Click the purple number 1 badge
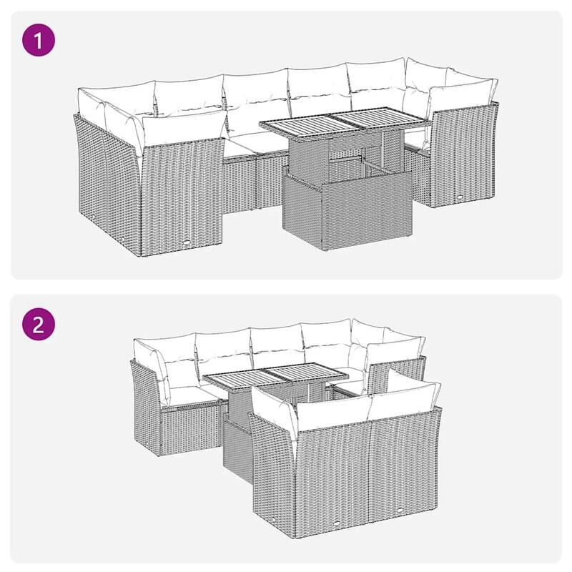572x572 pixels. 38,41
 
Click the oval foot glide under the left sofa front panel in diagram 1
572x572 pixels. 186,243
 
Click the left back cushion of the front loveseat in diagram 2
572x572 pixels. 332,413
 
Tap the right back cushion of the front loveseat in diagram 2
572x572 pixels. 404,402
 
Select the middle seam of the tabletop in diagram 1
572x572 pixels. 335,122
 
